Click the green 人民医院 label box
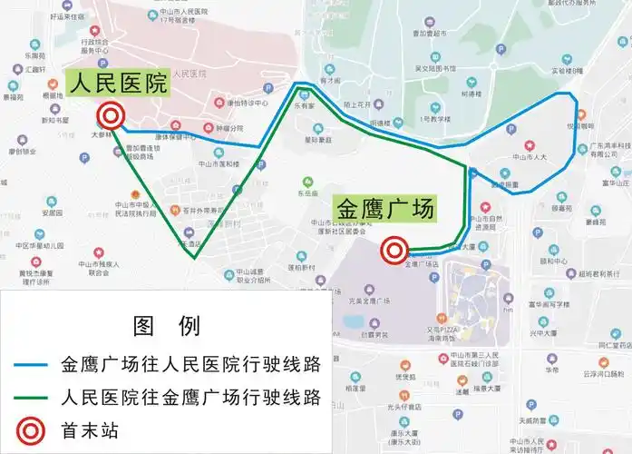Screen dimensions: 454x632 [x=119, y=84]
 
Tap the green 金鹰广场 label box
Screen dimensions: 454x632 [x=385, y=208]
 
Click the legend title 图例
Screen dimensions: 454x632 [x=166, y=325]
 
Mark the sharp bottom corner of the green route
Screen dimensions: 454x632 [x=195, y=259]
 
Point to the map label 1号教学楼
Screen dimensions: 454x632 [x=434, y=119]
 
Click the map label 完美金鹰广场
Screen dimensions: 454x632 [x=367, y=301]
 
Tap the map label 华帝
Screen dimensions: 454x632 [x=551, y=370]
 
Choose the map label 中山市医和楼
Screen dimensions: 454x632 [x=220, y=165]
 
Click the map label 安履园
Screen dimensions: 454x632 [x=51, y=213]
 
